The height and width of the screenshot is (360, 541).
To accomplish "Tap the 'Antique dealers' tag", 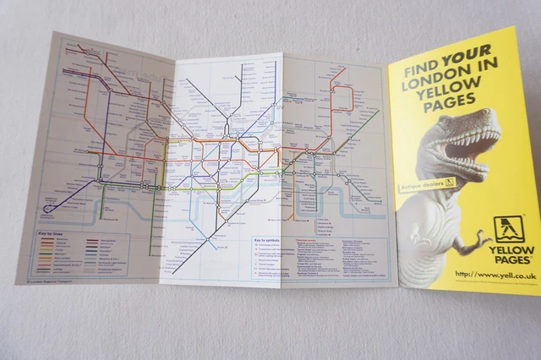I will coord(426,183).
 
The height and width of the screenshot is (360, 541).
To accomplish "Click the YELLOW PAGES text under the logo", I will coord(515,254).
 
